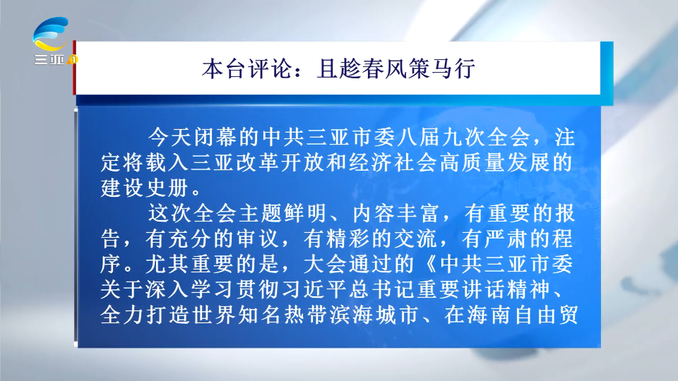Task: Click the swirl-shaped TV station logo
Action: pos(51,34)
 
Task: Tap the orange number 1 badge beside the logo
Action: pos(73,59)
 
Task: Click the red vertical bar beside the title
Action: pos(74,68)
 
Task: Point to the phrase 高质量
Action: pos(472,163)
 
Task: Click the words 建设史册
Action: pos(145,188)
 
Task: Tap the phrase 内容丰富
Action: pos(396,213)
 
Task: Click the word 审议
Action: pos(257,239)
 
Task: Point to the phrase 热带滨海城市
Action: pos(351,315)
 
